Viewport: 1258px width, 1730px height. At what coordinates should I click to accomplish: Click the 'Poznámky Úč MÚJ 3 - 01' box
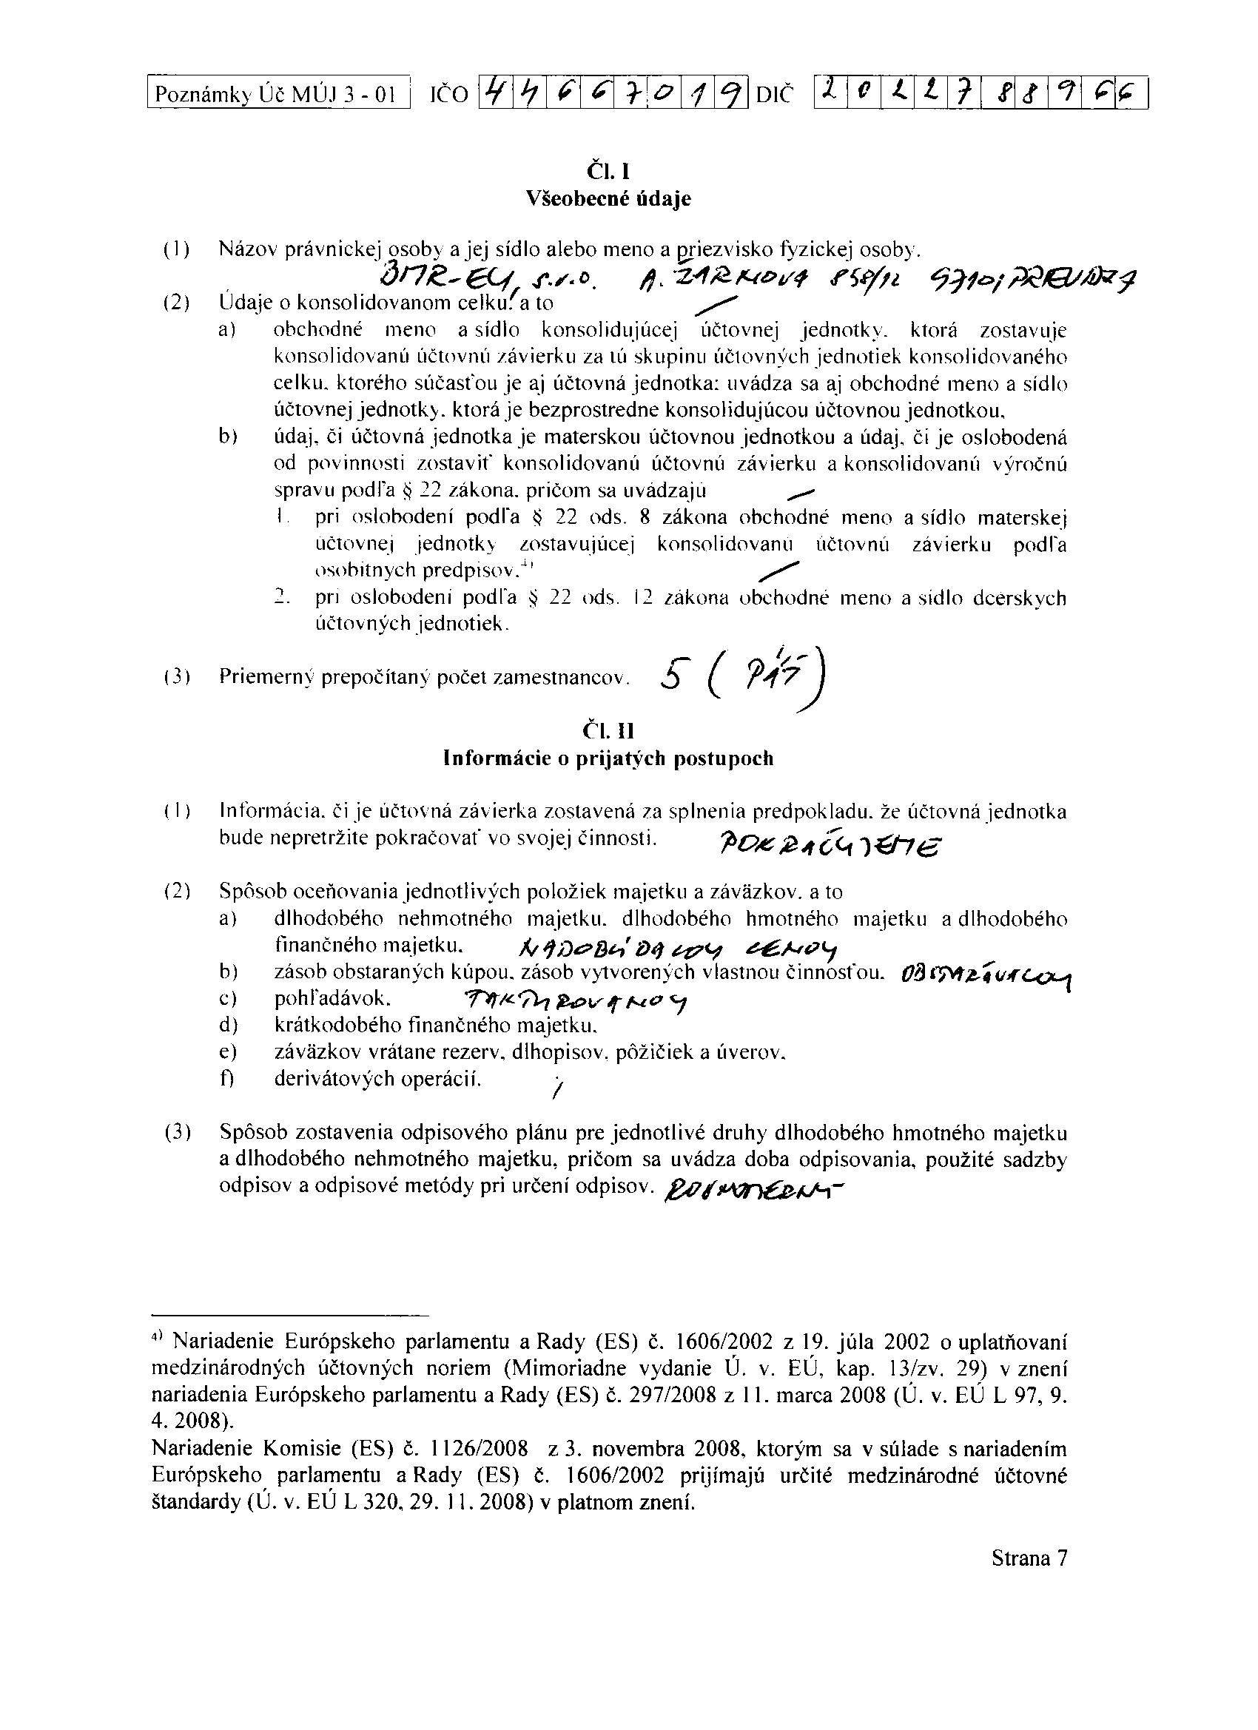[x=278, y=95]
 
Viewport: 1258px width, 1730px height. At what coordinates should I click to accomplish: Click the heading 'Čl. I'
[x=608, y=170]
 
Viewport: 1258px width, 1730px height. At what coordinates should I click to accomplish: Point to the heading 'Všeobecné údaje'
[x=608, y=199]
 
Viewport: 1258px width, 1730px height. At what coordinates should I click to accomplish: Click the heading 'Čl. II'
[x=608, y=732]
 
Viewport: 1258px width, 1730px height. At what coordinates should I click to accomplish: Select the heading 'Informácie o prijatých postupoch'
[x=608, y=759]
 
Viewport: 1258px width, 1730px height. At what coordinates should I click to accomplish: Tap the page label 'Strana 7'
[x=1029, y=1558]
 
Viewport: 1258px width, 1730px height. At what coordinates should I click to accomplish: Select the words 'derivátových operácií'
[x=377, y=1079]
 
